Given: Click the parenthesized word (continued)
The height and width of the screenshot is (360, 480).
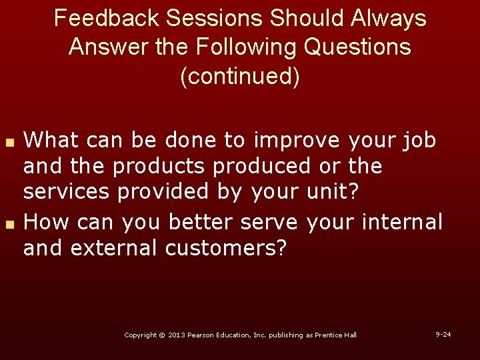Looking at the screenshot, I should click(x=240, y=77).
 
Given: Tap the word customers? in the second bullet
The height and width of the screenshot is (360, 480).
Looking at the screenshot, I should click(x=225, y=248).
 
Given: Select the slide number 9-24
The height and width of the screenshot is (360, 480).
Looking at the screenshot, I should click(x=443, y=333).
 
